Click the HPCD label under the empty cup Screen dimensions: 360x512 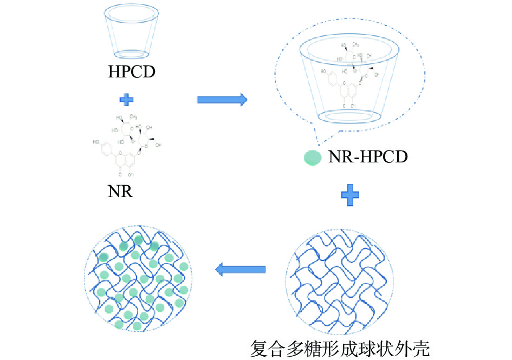click(x=132, y=71)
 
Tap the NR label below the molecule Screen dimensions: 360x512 click(x=120, y=191)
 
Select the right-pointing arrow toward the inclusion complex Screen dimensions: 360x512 click(x=222, y=99)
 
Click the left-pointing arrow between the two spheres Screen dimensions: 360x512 click(x=241, y=269)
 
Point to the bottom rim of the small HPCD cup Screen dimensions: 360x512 click(x=132, y=54)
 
